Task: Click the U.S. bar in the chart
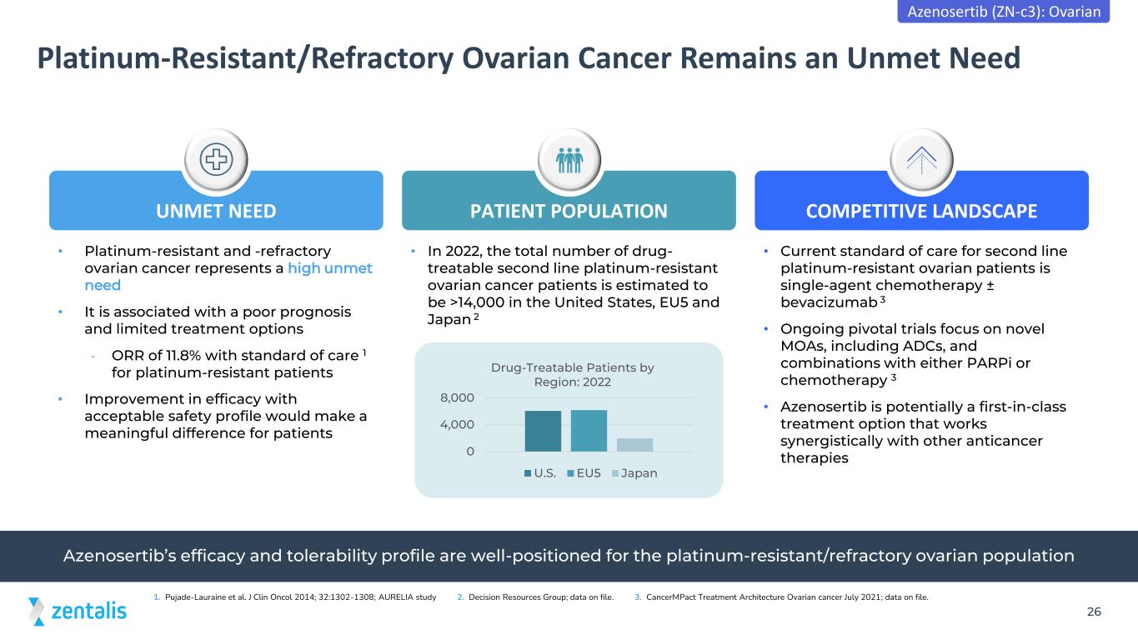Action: click(543, 431)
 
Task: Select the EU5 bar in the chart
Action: click(589, 430)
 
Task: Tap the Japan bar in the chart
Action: click(634, 444)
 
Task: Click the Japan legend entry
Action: click(634, 472)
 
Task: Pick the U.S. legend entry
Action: click(540, 472)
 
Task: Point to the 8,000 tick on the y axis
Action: click(457, 397)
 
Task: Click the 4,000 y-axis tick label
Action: click(457, 424)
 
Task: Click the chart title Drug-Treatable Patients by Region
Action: click(572, 374)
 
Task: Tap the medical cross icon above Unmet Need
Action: click(217, 159)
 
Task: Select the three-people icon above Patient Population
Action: click(569, 160)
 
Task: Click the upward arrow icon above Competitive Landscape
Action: click(921, 160)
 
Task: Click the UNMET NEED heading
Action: click(216, 211)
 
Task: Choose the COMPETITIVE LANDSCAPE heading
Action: click(921, 211)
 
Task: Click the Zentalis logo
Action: click(78, 611)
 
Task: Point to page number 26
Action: click(1094, 612)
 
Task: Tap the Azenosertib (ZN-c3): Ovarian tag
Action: click(1004, 11)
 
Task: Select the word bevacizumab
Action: click(829, 302)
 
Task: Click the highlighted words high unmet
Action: click(329, 268)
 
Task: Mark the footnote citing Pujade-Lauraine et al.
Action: click(295, 597)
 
